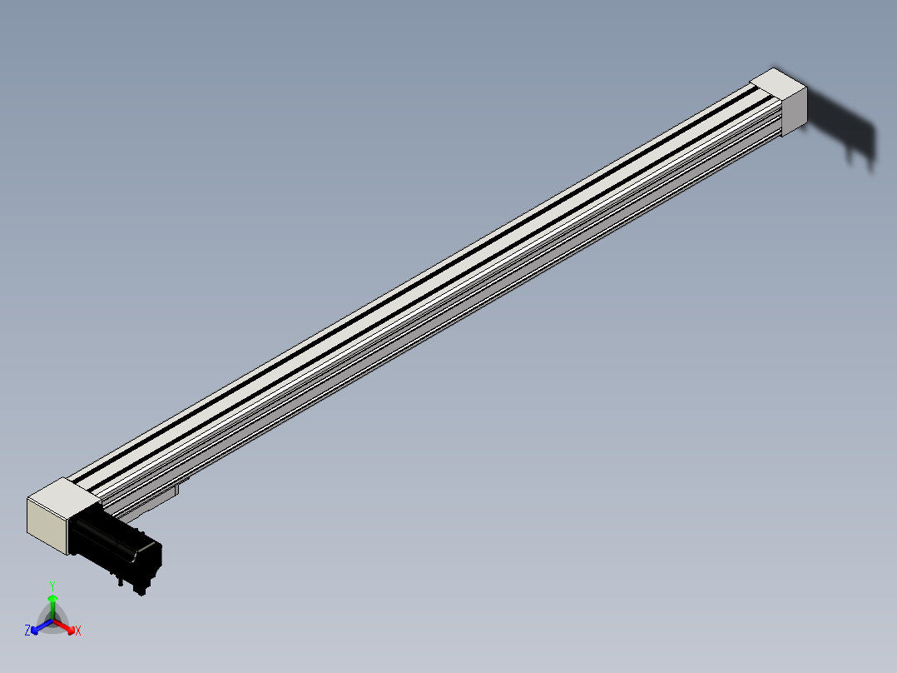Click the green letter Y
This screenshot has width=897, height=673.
point(52,586)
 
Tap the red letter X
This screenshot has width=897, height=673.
point(78,631)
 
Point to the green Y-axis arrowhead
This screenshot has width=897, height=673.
point(52,598)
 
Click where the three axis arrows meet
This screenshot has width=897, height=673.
point(52,620)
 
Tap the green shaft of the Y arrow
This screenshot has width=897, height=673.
point(52,609)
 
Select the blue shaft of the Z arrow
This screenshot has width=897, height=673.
point(44,624)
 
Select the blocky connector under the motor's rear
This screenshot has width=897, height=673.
point(142,586)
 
